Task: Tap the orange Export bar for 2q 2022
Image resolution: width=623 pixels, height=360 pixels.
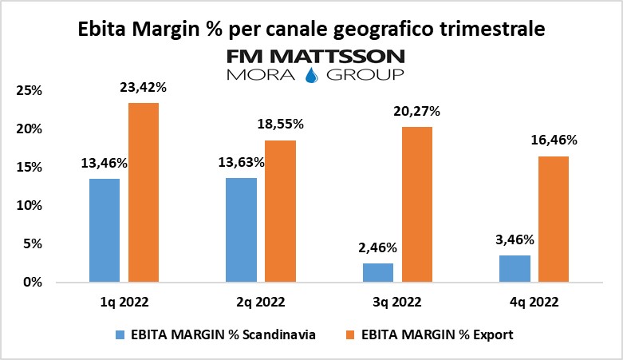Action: coord(281,211)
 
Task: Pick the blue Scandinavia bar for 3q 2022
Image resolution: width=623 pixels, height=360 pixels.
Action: coord(378,272)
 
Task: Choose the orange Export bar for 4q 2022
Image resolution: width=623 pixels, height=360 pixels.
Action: coord(554,219)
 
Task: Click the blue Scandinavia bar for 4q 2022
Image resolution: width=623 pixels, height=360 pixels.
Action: coord(515,268)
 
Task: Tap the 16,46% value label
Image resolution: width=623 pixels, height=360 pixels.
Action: coord(554,140)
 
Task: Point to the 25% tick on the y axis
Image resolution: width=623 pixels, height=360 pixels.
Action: coord(30,90)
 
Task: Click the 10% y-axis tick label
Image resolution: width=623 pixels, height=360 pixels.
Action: coord(30,205)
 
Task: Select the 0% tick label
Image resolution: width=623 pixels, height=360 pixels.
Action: coord(34,282)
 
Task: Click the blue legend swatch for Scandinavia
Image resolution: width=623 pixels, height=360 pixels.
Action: coord(121,335)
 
